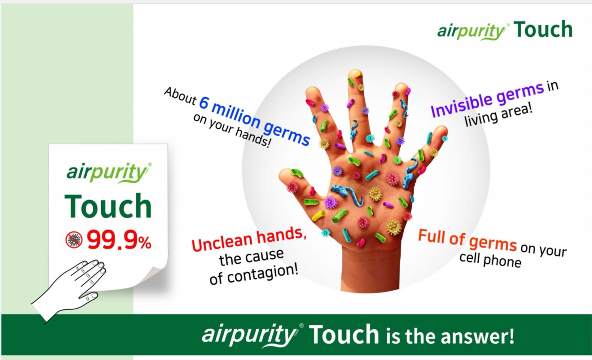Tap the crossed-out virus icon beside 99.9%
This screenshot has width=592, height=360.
point(74,240)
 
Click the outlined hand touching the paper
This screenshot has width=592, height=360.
point(69,291)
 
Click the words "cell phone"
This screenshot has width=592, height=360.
point(490,260)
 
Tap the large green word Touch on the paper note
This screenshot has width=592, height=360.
point(108,205)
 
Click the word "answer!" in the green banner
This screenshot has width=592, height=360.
point(478,336)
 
